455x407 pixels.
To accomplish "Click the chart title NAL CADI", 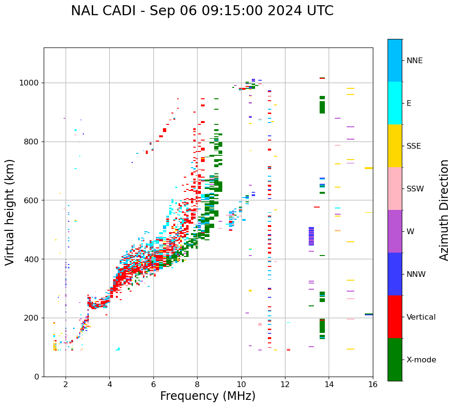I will click(202, 11).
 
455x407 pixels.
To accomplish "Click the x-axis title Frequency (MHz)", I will click(208, 396).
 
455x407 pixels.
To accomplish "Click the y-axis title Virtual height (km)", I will click(10, 212).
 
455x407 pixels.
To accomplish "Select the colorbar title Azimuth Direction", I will click(444, 209).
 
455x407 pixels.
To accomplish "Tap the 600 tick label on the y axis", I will click(32, 200).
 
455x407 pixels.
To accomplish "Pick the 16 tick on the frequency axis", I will click(373, 384).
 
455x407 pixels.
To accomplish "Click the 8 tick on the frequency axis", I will click(197, 384).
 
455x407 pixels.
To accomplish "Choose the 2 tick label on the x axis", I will click(66, 384).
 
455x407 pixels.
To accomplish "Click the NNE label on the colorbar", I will click(414, 61).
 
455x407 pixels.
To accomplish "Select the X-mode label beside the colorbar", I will click(421, 360).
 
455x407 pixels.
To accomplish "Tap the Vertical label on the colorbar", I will click(421, 317).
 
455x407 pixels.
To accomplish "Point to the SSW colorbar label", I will click(415, 189).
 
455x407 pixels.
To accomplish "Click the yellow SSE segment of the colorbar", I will click(395, 146).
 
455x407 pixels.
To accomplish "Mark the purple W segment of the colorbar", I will click(395, 231).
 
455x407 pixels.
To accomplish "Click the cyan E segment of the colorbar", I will click(395, 103).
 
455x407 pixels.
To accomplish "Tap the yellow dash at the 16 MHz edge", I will click(369, 168).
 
